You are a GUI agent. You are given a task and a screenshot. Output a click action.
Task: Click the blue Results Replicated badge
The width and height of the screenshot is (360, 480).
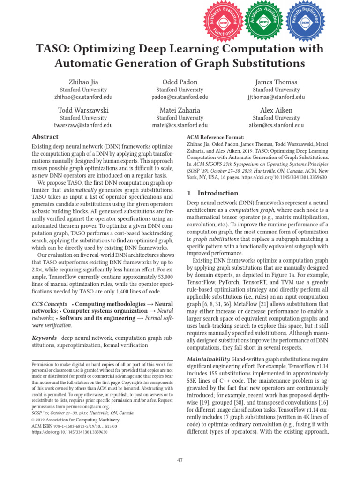click(305, 21)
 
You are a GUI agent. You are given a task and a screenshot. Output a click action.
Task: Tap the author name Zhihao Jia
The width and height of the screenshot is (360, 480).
click(83, 82)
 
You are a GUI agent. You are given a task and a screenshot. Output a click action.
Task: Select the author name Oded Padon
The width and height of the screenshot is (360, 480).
click(180, 82)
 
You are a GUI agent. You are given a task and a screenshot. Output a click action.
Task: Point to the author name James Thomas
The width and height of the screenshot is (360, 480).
click(276, 82)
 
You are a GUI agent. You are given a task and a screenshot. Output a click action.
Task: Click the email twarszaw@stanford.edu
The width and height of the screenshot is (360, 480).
click(83, 125)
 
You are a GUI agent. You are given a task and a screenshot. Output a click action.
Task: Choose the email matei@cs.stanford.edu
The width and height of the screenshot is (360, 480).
click(180, 125)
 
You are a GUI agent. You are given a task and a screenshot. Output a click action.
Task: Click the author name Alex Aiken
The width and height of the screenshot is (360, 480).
click(276, 110)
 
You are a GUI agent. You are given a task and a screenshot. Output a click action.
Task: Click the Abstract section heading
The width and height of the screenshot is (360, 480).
click(45, 137)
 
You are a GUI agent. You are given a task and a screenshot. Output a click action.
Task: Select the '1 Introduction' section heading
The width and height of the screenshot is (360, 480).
click(212, 193)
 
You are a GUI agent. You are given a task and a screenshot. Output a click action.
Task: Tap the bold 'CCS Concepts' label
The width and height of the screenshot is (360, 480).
click(50, 304)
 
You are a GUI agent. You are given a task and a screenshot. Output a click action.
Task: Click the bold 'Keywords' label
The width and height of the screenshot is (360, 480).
click(44, 338)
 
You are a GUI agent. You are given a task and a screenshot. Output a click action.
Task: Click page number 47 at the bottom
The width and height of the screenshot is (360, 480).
click(180, 460)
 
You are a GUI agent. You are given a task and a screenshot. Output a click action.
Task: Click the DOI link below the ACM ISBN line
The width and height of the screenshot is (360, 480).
click(69, 432)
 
